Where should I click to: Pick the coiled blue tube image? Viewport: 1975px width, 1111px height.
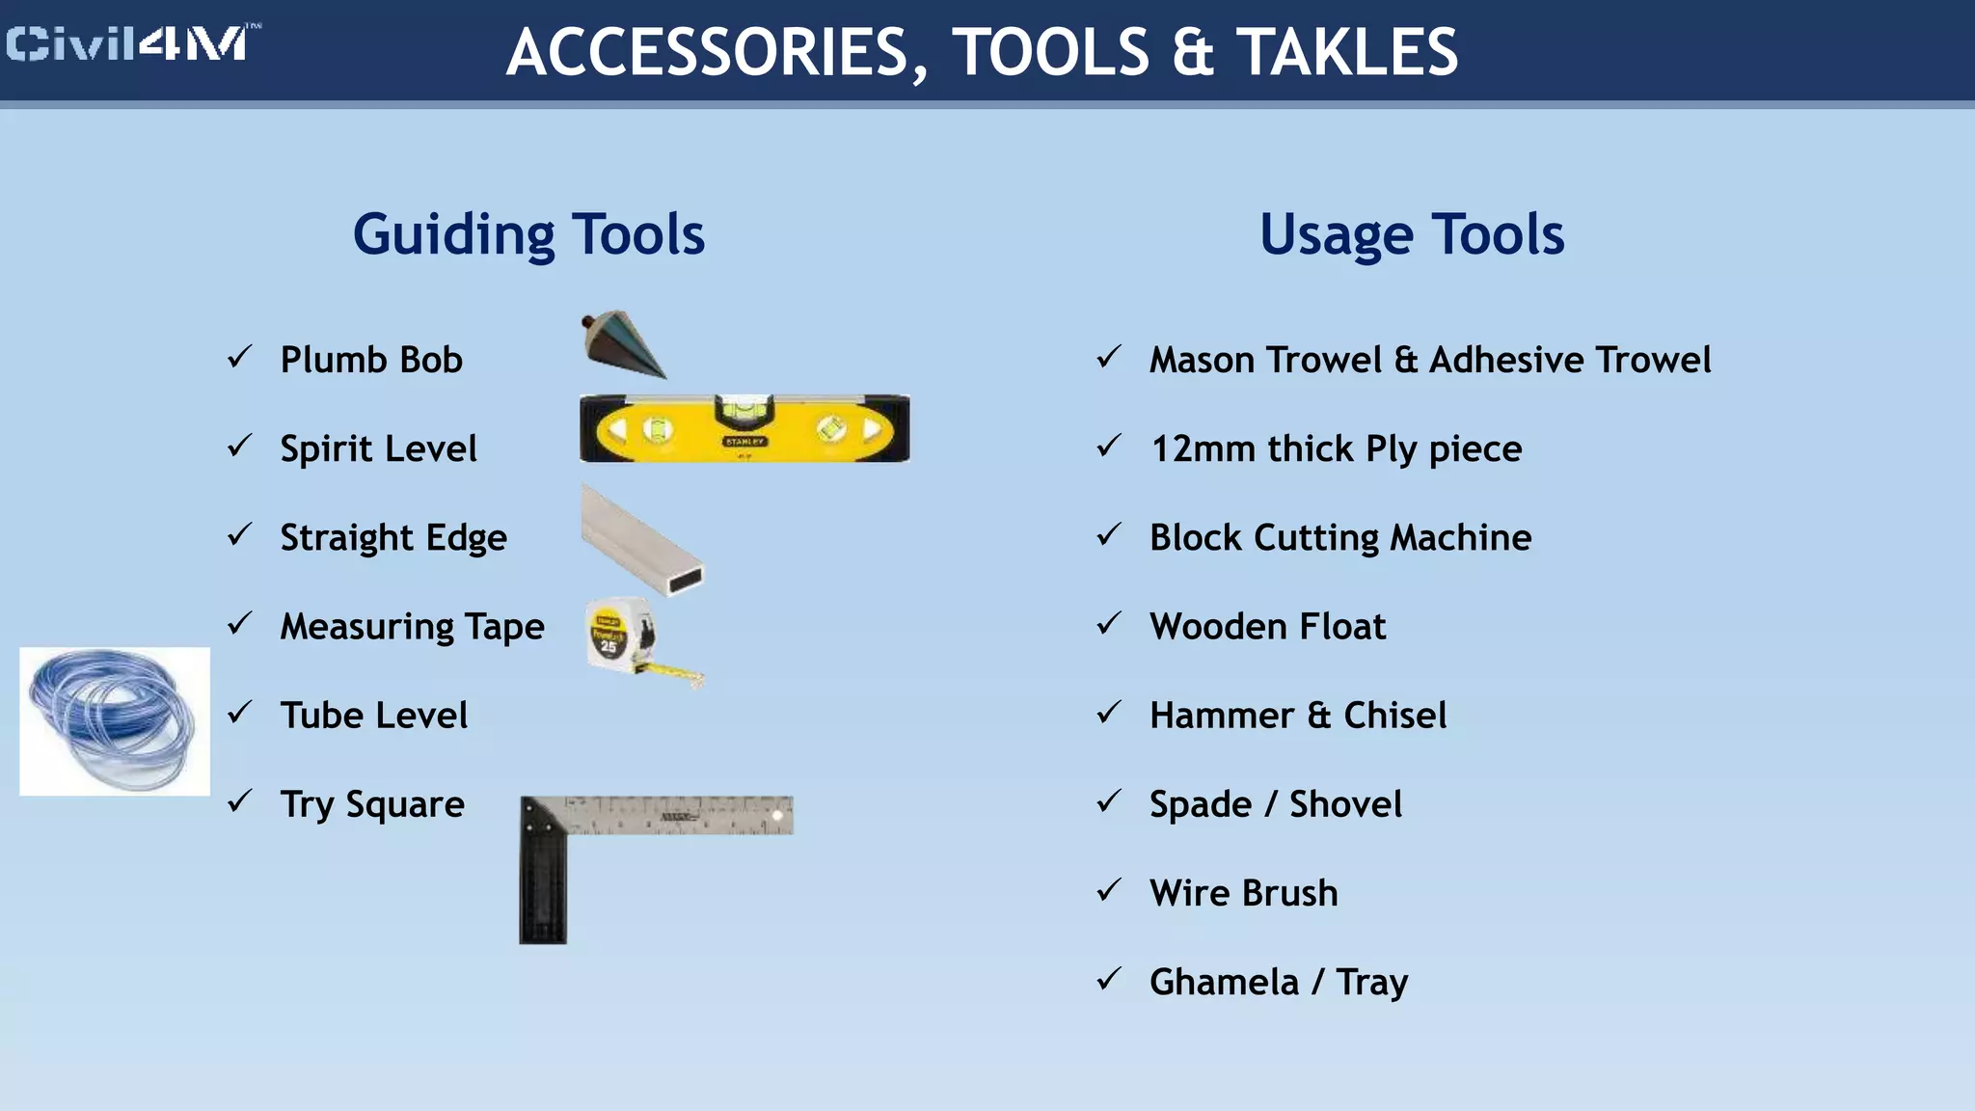[x=114, y=720]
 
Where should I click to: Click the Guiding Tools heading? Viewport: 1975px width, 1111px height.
[x=528, y=234]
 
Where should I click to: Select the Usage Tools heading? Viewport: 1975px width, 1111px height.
[x=1411, y=234]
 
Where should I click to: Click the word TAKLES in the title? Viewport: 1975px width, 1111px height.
[x=1347, y=52]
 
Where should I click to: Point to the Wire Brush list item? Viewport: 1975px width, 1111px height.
[x=1243, y=893]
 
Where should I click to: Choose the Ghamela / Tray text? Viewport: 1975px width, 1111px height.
[x=1278, y=983]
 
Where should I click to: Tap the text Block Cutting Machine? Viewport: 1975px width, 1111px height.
[x=1339, y=538]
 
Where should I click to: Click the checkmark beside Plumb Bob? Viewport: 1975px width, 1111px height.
[x=240, y=358]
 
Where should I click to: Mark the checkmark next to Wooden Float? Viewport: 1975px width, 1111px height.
[x=1109, y=624]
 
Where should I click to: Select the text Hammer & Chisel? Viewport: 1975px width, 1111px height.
[x=1297, y=716]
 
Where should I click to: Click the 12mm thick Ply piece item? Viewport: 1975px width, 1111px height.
[x=1336, y=449]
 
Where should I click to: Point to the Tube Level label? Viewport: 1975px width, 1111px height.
[x=373, y=716]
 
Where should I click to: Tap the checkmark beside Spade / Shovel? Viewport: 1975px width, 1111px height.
[x=1109, y=801]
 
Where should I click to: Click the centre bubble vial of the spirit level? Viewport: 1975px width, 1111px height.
[x=743, y=410]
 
